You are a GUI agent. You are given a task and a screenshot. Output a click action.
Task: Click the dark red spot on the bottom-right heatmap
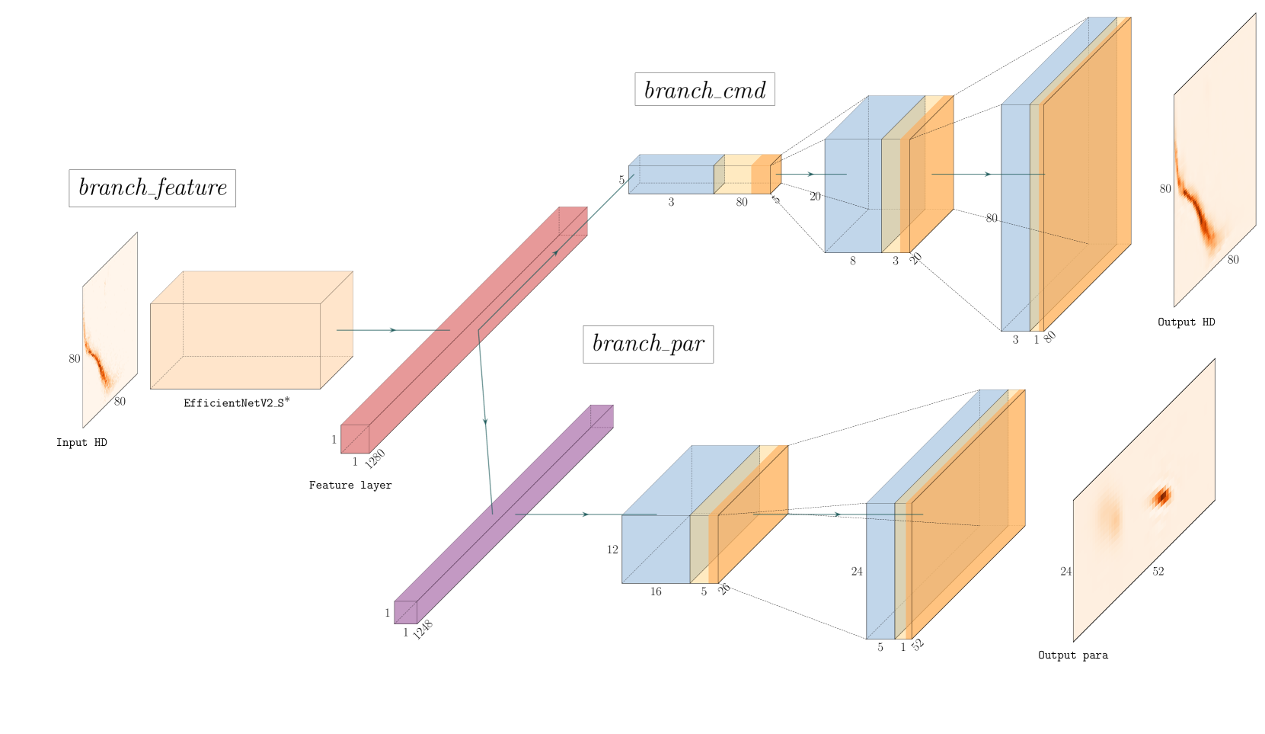(1161, 498)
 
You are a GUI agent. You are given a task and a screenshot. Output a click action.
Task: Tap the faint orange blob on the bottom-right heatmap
(1110, 518)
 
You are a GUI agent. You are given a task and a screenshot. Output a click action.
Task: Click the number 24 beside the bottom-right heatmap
(1066, 572)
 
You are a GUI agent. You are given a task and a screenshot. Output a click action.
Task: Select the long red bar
(464, 330)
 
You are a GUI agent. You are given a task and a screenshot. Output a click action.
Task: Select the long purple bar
(503, 514)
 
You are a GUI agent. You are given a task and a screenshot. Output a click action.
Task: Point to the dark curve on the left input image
(97, 358)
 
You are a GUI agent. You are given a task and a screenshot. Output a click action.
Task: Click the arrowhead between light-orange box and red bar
(393, 330)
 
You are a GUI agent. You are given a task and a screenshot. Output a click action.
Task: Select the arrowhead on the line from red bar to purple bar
(485, 421)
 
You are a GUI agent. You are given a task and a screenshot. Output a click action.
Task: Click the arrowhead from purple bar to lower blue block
(586, 514)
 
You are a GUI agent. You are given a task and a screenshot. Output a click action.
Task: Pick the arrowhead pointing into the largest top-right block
(988, 175)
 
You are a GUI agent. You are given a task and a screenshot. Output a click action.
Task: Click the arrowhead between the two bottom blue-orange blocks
(837, 514)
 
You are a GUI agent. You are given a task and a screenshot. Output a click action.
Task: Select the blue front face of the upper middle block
(853, 195)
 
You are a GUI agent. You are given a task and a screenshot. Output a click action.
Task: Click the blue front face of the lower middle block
(656, 549)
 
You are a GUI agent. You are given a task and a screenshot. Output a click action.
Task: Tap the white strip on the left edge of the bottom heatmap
(1067, 579)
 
